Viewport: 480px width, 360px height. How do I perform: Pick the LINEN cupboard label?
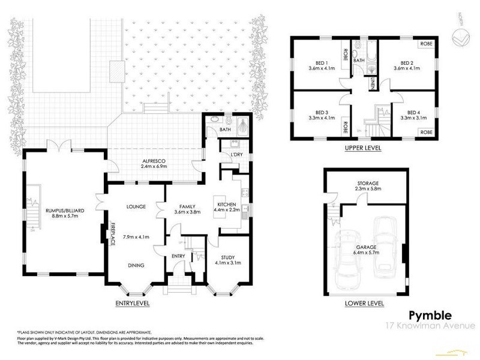pos(372,86)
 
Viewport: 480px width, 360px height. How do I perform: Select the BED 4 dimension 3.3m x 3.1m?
pos(413,118)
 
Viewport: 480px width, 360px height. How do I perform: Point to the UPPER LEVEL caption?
pos(364,148)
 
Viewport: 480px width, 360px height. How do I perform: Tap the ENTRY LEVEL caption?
pos(132,304)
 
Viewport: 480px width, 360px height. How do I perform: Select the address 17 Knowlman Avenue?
pos(430,326)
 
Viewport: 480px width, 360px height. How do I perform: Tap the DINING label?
pos(136,264)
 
